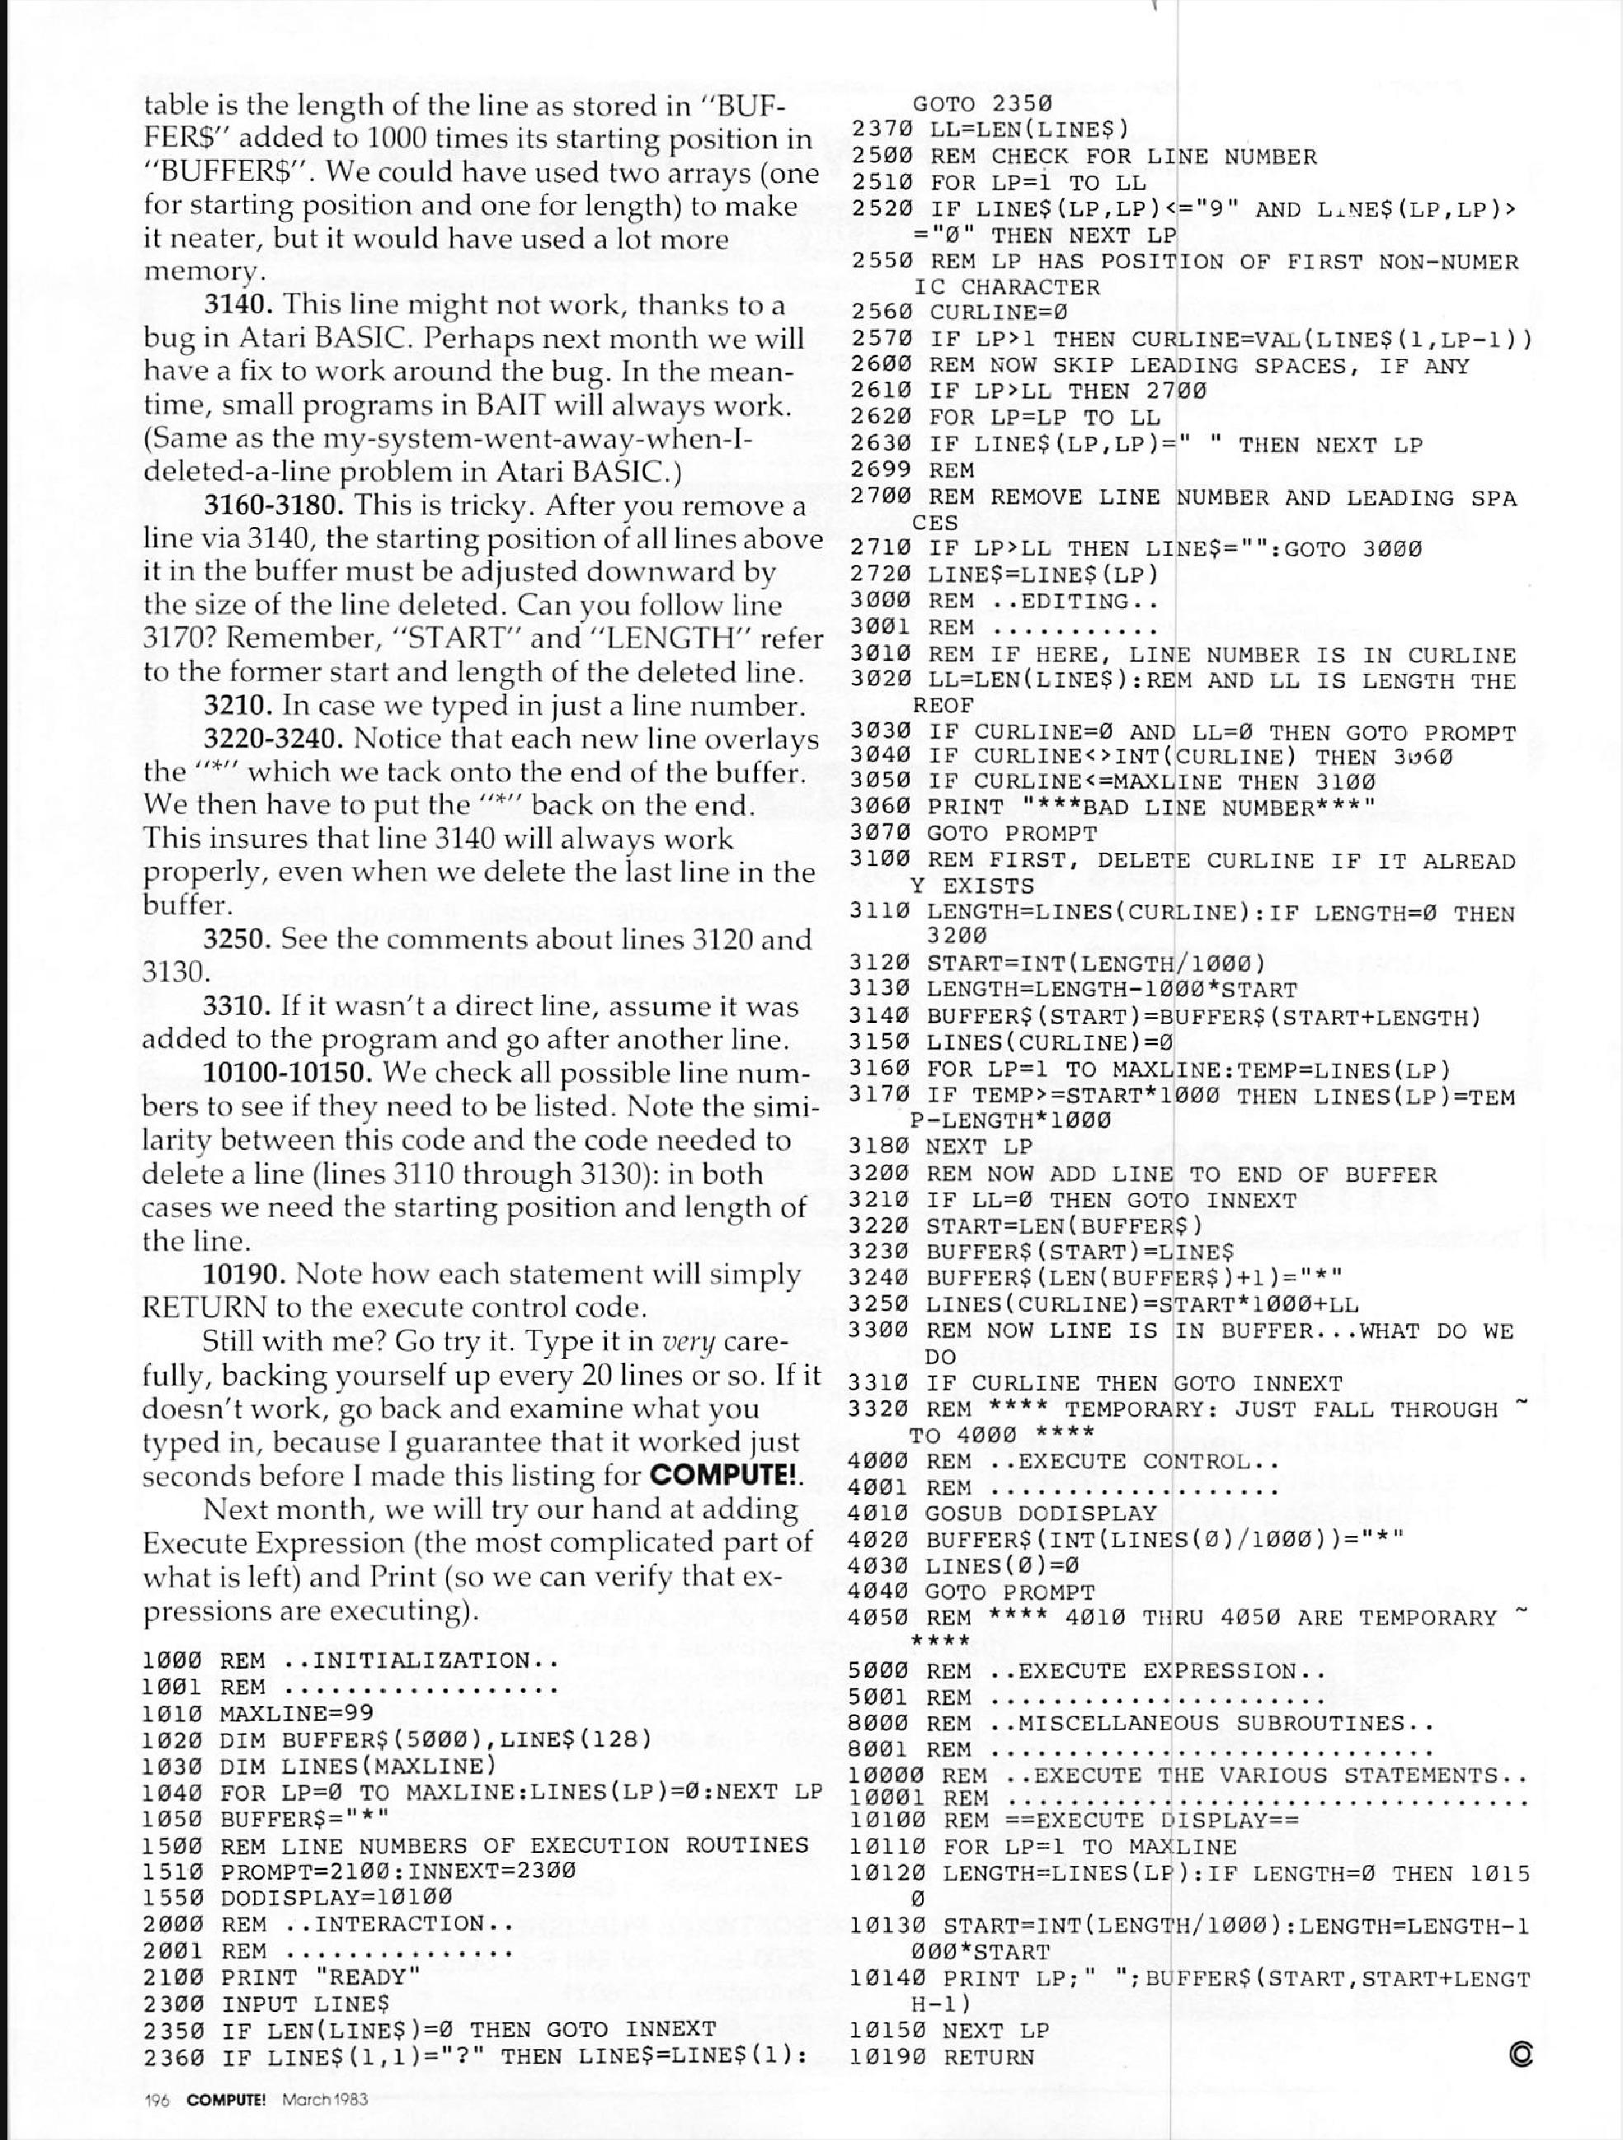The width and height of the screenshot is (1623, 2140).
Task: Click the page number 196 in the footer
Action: [x=156, y=2100]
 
